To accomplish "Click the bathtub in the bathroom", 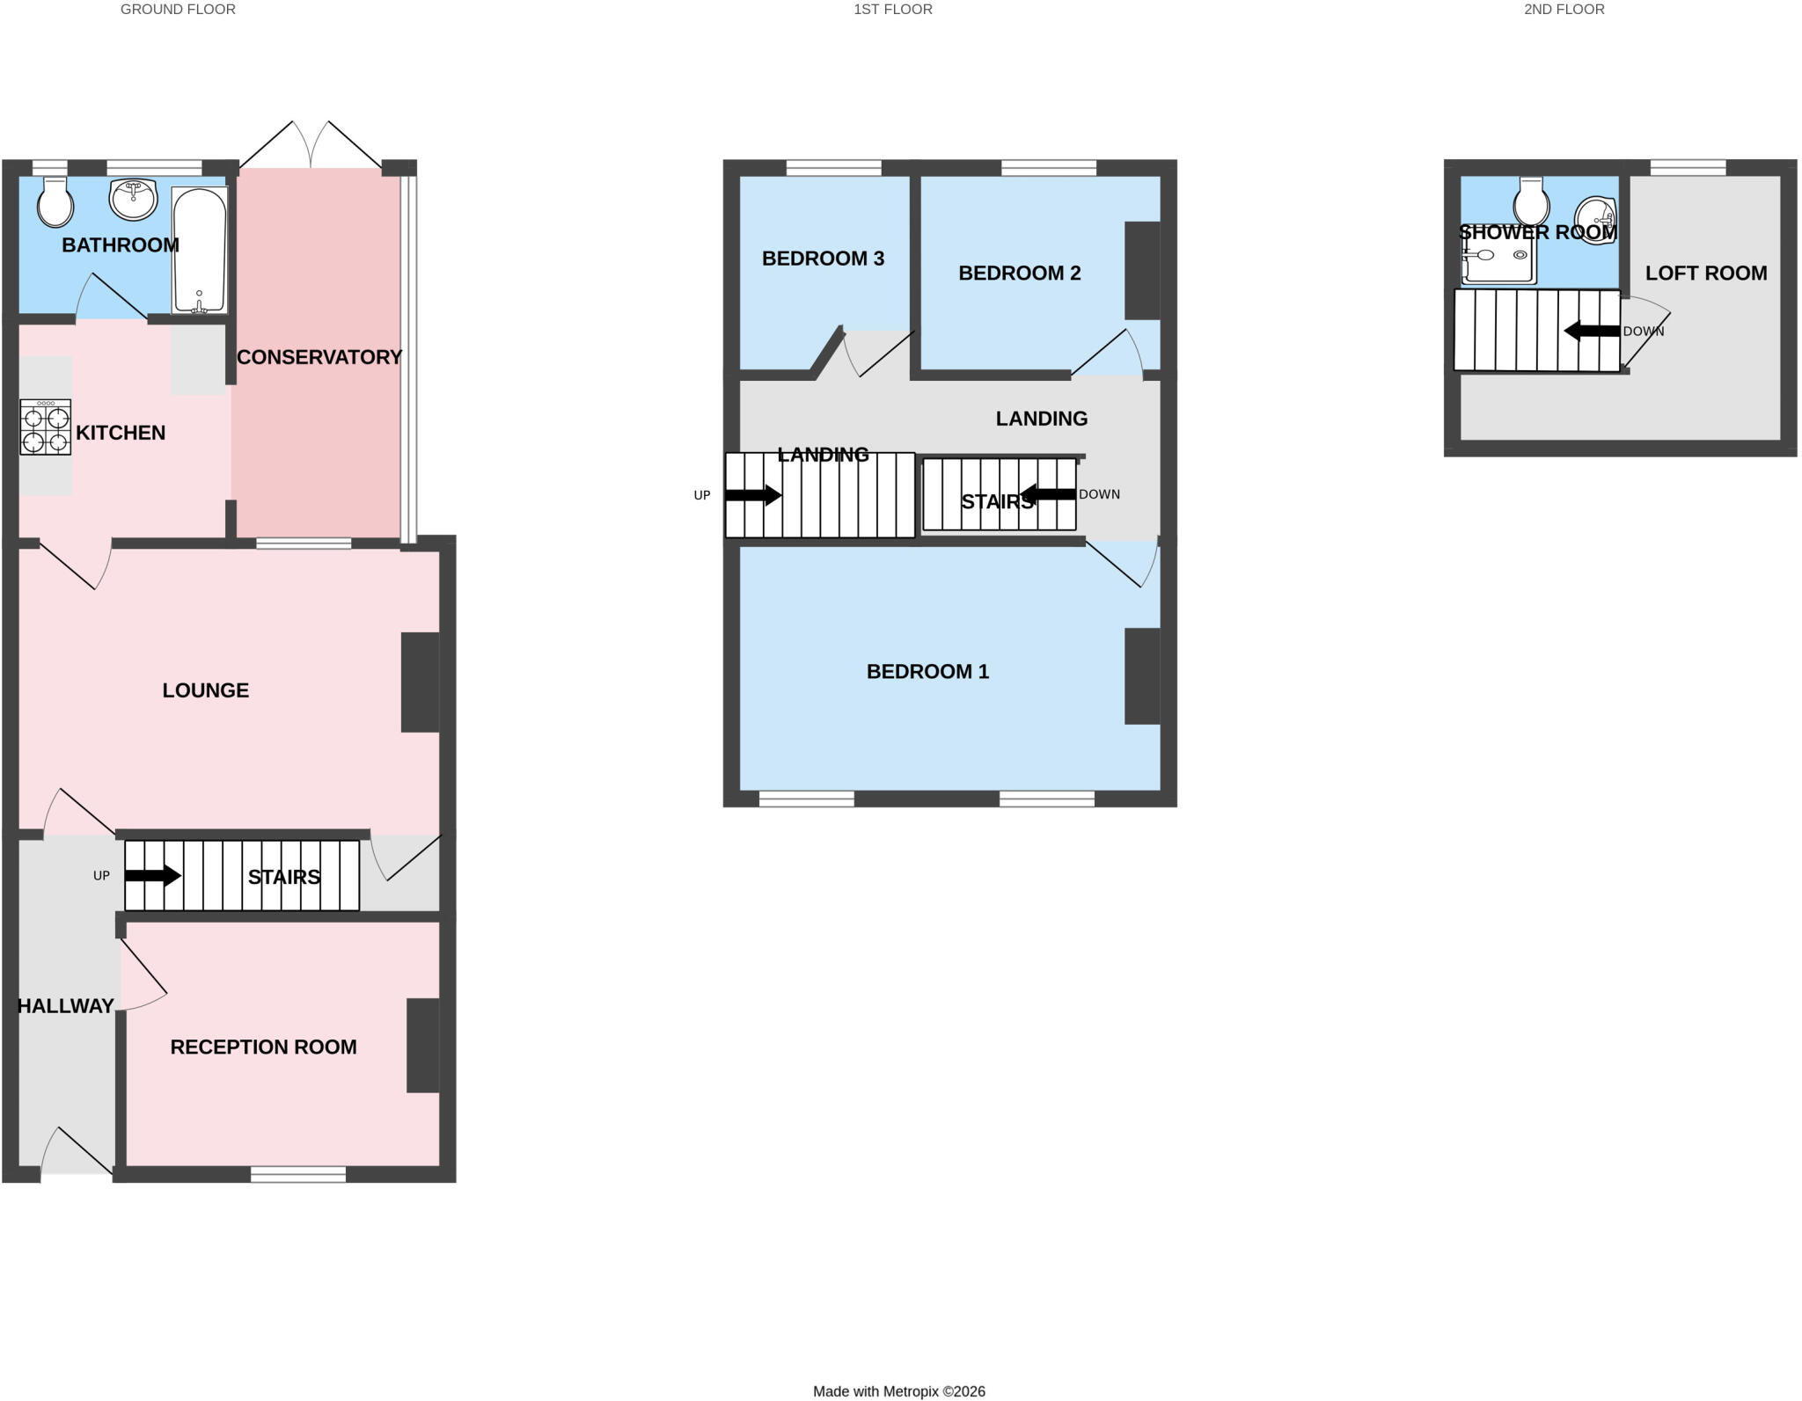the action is tap(200, 250).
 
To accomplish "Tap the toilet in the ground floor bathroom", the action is tap(55, 202).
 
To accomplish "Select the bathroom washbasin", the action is tap(133, 200).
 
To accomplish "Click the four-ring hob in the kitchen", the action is tap(45, 427).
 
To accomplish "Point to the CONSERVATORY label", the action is tap(319, 357).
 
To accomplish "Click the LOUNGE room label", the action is tap(206, 690).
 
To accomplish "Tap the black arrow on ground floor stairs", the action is tap(153, 876).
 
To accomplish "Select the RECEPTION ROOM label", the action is tap(263, 1047).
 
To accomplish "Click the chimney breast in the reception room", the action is tap(422, 1046).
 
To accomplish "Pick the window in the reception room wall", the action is tap(298, 1174).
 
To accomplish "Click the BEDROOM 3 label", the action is tap(823, 259).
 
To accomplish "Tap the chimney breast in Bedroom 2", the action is tap(1142, 270).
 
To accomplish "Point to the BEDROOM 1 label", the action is tap(927, 672).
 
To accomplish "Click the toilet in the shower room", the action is tap(1532, 201).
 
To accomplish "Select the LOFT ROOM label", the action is tap(1706, 274).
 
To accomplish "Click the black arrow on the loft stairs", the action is tap(1592, 331).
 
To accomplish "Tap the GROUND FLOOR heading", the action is tap(178, 10).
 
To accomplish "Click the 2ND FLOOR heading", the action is tap(1564, 10).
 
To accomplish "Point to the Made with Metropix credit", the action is tap(899, 1391).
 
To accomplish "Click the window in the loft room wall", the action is tap(1688, 168).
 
